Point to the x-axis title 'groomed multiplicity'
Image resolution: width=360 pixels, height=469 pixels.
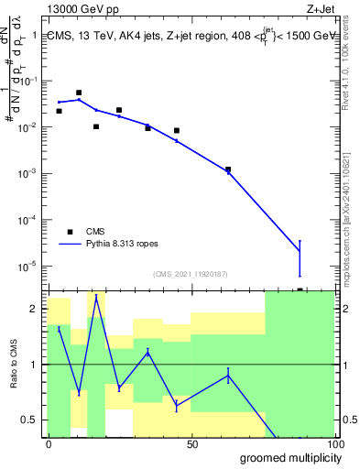pos(288,457)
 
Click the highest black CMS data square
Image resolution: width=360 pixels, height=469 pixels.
pos(79,93)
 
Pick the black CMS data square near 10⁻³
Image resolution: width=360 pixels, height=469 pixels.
pos(228,169)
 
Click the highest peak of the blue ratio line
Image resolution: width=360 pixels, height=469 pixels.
pos(96,296)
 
